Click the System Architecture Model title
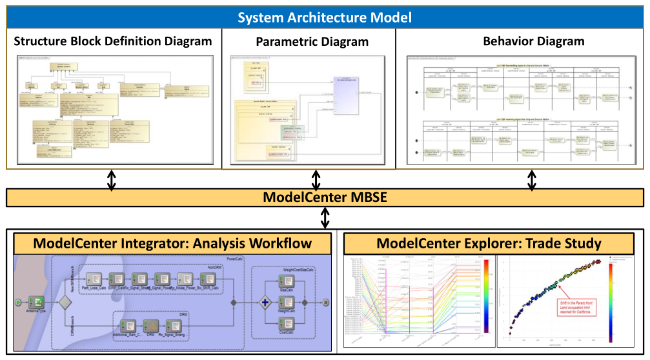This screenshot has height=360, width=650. click(x=325, y=17)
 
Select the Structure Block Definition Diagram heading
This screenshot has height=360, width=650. click(x=113, y=41)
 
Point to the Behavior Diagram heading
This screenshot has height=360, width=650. click(x=533, y=41)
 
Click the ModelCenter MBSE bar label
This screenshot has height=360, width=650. click(x=325, y=197)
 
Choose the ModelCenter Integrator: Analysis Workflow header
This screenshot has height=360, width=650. click(x=172, y=243)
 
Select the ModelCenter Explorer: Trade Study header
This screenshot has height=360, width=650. click(x=489, y=243)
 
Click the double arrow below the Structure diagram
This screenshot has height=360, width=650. click(x=112, y=180)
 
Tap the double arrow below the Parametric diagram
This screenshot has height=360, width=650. click(x=316, y=180)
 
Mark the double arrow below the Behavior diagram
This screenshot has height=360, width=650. click(x=532, y=180)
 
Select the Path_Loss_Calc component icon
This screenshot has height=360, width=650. click(x=95, y=278)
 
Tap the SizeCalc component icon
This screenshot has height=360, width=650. click(x=287, y=281)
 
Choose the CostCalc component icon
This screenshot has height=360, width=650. click(x=287, y=323)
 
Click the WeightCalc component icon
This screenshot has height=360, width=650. click(x=287, y=301)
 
